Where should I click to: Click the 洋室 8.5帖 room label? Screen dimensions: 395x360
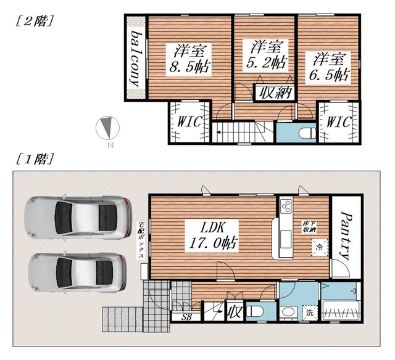pos(188,59)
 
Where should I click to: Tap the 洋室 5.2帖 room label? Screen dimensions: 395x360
pos(265,55)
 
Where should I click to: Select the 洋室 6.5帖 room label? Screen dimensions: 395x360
pos(328,67)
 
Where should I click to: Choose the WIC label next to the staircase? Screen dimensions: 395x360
pos(189,122)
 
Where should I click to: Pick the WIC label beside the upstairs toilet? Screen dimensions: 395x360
pos(338,122)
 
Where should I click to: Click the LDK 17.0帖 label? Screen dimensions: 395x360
pos(212,235)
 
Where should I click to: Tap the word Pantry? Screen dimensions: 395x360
pos(346,235)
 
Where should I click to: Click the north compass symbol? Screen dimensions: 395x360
pos(107,128)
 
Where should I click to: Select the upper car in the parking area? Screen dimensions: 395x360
pos(78,218)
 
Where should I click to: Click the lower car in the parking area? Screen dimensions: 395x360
pos(77,273)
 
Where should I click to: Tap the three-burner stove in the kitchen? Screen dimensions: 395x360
pos(286,207)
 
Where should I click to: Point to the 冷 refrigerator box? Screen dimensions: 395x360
pos(320,247)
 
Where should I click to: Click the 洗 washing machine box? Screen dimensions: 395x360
pos(310,313)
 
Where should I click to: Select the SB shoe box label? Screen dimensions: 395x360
pos(186,317)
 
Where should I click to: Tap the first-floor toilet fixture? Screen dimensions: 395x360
pos(255,312)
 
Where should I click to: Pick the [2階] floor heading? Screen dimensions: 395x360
pos(35,21)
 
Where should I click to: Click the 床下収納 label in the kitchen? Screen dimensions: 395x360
pos(309,227)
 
